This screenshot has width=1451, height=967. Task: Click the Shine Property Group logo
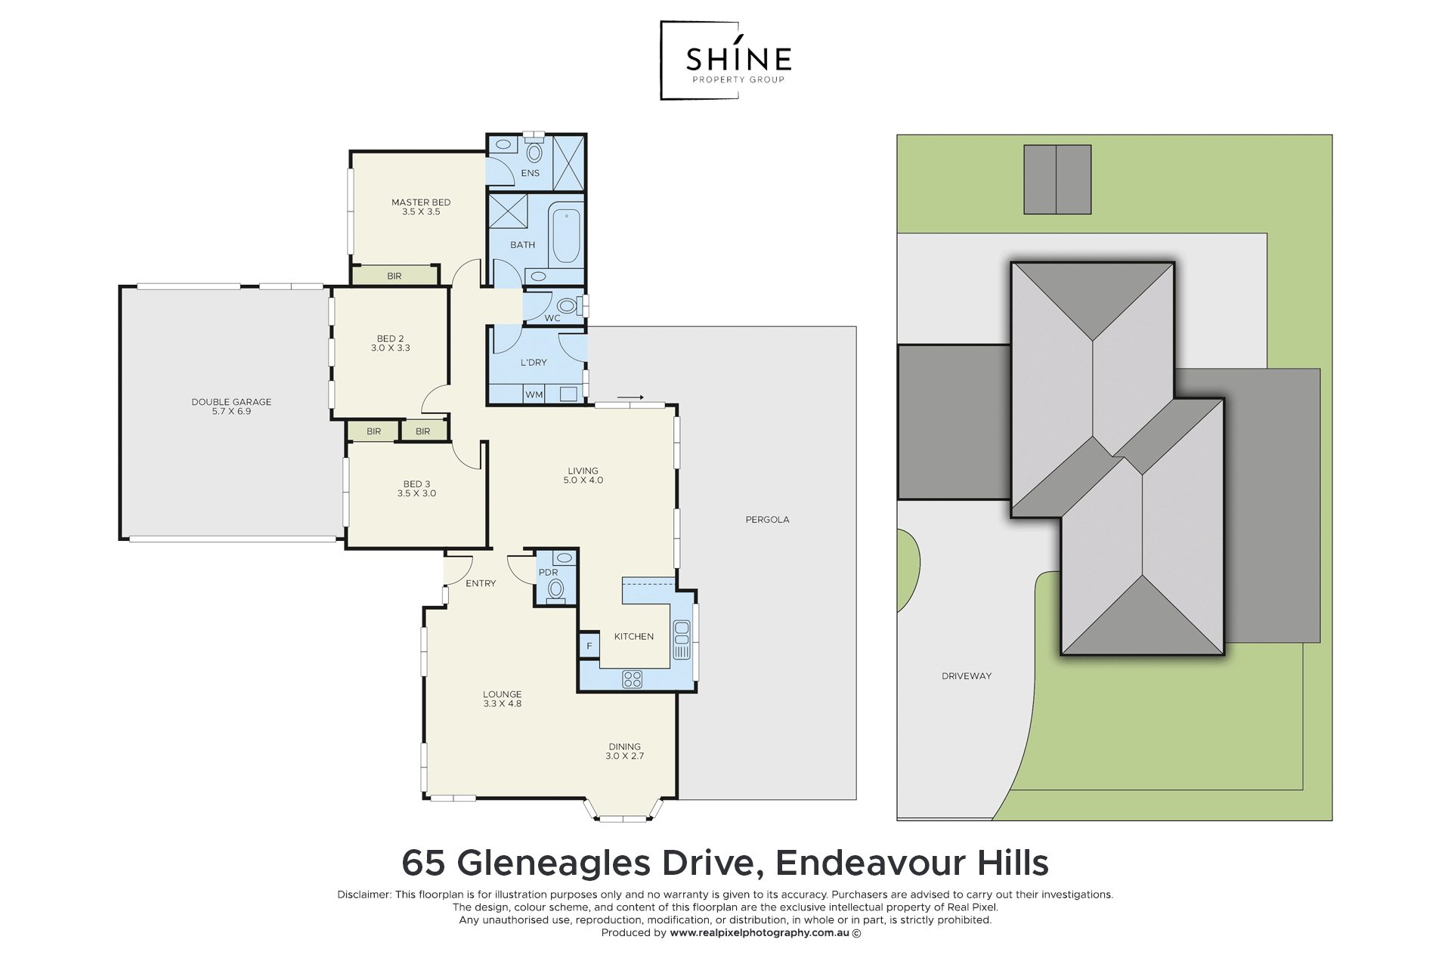[726, 60]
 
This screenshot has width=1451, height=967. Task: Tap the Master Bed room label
[421, 202]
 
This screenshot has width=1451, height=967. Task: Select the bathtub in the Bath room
[566, 236]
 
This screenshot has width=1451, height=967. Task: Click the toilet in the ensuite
[534, 153]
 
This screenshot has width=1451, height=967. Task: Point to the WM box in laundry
[534, 394]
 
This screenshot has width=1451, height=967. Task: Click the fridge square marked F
[589, 646]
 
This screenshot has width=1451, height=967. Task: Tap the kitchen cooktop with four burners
[632, 679]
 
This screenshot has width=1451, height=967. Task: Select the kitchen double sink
[682, 639]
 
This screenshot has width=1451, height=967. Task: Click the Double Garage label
[231, 402]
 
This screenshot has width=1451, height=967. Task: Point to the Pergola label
[767, 520]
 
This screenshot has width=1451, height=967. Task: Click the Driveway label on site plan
[967, 676]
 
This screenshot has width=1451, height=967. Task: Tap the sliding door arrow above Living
[630, 397]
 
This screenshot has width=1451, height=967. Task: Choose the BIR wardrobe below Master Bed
[394, 276]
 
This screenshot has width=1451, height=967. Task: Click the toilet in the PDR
[556, 589]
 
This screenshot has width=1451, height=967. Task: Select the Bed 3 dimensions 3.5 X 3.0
[416, 493]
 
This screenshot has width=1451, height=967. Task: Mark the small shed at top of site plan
[1057, 179]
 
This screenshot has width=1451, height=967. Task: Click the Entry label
[481, 583]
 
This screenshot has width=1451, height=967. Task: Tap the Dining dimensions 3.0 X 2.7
[624, 756]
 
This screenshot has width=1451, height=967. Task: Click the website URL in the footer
[759, 933]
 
